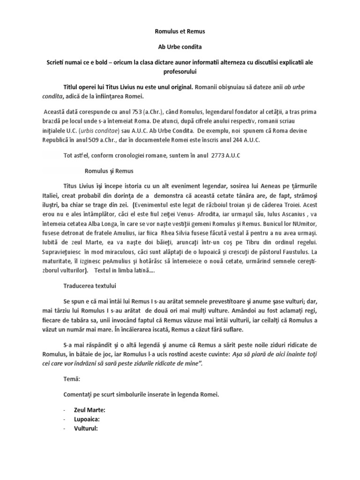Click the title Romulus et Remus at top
tap(180, 31)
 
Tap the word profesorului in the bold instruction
tap(180, 72)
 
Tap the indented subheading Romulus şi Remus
tap(106, 171)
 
